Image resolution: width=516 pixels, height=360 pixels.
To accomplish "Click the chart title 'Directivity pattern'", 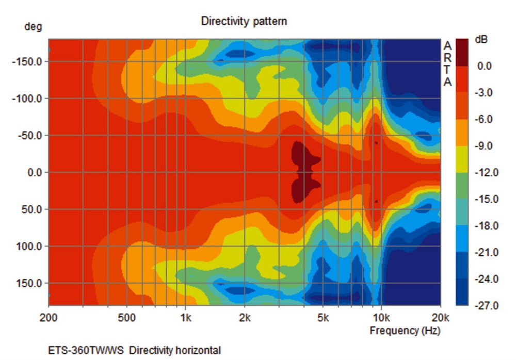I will (244, 21).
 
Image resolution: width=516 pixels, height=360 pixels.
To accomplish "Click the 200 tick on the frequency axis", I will (49, 317).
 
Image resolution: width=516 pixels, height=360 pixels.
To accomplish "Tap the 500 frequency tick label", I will (127, 317).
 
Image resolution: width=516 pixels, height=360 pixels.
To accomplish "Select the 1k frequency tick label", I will (186, 317).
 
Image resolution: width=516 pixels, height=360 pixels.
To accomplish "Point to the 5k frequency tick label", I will (323, 317).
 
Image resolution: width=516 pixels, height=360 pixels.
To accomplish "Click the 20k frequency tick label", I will (440, 317).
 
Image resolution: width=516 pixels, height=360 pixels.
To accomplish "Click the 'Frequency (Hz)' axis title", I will (405, 331).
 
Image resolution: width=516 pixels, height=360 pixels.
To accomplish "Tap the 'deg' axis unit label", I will (33, 27).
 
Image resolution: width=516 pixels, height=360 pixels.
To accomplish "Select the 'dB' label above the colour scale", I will (480, 40).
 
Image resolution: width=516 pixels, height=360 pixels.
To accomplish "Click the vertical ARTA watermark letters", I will (448, 64).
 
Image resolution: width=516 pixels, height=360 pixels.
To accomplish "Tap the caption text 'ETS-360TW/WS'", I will (87, 351).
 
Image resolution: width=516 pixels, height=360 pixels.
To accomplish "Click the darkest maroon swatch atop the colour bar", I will (462, 52).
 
